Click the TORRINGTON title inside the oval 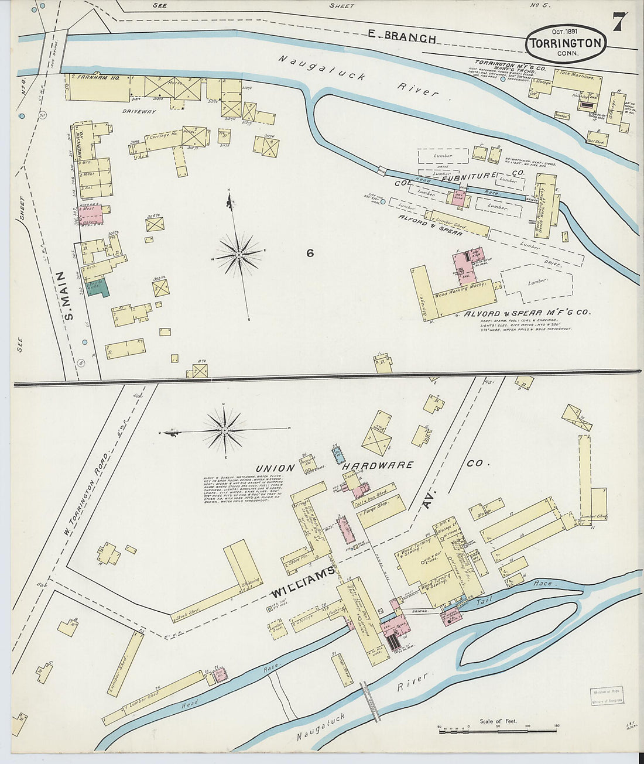[566, 43]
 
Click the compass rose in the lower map [224, 431]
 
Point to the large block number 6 [310, 253]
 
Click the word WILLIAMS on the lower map [302, 581]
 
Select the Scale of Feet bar [497, 730]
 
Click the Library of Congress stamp [605, 697]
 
